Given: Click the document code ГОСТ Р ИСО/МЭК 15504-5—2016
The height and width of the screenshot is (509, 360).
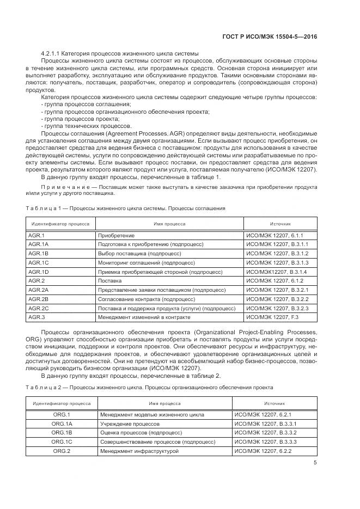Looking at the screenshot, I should coord(278,36).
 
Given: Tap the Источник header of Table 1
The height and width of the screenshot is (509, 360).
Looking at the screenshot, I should coord(280,224).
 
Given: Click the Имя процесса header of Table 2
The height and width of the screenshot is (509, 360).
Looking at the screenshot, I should coord(165,404).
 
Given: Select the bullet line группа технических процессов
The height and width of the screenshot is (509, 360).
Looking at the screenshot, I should coord(82,126).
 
